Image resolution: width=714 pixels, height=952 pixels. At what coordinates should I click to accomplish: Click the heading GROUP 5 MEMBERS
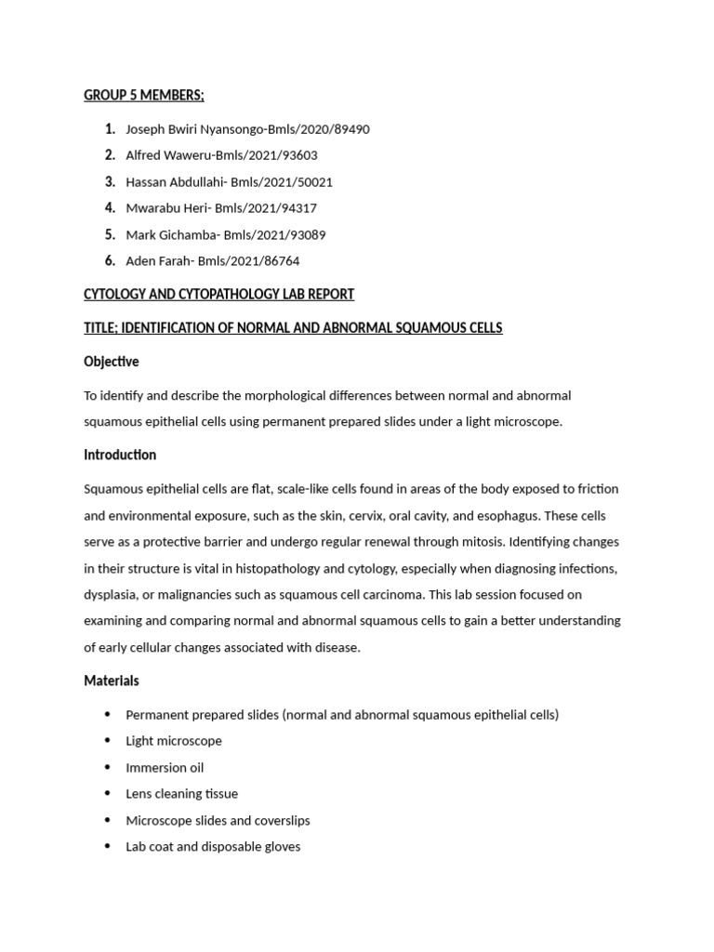coord(143,96)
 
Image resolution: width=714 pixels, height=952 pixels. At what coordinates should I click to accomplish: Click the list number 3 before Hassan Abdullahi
coord(110,182)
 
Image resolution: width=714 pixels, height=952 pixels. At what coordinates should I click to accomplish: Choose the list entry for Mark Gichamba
coord(225,235)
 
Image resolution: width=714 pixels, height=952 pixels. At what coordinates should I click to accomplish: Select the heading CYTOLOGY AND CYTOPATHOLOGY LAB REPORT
coord(218,295)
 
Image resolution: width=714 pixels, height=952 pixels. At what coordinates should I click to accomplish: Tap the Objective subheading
coord(111,362)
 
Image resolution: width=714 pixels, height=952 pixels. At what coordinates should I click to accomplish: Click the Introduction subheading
coord(120,455)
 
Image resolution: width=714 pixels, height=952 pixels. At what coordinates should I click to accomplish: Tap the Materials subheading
coord(111,681)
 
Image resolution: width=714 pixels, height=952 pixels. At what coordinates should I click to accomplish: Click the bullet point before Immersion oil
coord(108,767)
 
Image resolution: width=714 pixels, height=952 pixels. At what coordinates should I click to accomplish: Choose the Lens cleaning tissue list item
coord(181,794)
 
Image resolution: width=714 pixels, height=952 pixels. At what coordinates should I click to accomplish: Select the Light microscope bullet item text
coord(174,741)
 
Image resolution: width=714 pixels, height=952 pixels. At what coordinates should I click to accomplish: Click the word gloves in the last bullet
coord(282,847)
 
